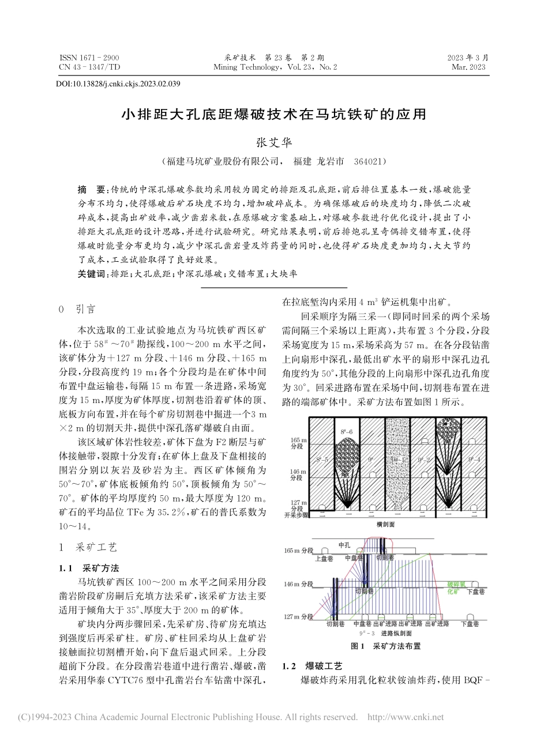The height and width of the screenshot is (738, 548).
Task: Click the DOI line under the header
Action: click(118, 84)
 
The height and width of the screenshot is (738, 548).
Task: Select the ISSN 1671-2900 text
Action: click(89, 58)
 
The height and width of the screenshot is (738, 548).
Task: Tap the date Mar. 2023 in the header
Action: click(471, 67)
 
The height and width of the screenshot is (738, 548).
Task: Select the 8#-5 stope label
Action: click(322, 460)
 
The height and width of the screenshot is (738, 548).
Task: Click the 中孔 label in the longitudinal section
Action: click(344, 545)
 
